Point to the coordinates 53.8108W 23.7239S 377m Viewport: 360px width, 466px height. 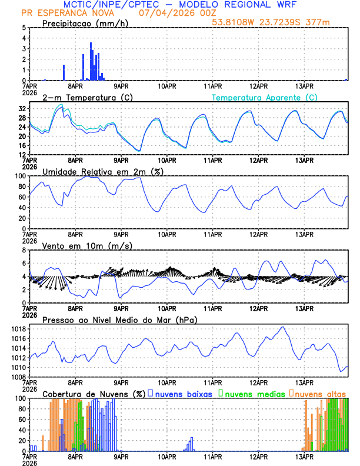tap(279, 22)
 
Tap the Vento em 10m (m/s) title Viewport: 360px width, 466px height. tap(87, 245)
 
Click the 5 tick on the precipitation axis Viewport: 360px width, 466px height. tap(24, 28)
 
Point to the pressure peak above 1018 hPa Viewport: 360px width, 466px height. tap(283, 327)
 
